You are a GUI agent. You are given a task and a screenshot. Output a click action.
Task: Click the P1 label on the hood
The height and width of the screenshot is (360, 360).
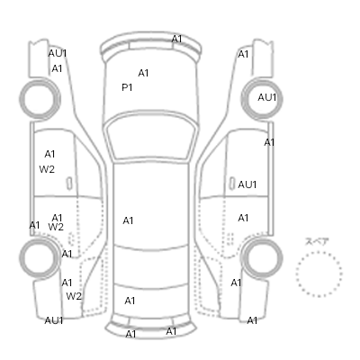coord(127,87)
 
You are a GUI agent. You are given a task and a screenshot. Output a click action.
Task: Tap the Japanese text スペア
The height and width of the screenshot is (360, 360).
coord(317,241)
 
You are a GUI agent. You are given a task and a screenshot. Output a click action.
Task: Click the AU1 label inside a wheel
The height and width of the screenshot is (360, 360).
coord(267,97)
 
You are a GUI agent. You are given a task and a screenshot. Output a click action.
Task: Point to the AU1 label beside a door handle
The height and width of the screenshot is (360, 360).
coord(247,184)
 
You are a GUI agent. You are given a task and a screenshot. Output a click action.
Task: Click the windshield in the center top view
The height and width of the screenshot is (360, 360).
coord(151,137)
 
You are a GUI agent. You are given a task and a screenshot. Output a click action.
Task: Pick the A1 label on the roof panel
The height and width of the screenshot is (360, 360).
coord(128,220)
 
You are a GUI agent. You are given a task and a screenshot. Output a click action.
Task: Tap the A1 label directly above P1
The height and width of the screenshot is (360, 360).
coord(143,73)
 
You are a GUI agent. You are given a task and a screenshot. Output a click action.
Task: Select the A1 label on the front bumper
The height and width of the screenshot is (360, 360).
coord(176,39)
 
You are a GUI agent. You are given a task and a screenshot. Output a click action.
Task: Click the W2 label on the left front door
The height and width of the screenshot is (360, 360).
coord(47,169)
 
